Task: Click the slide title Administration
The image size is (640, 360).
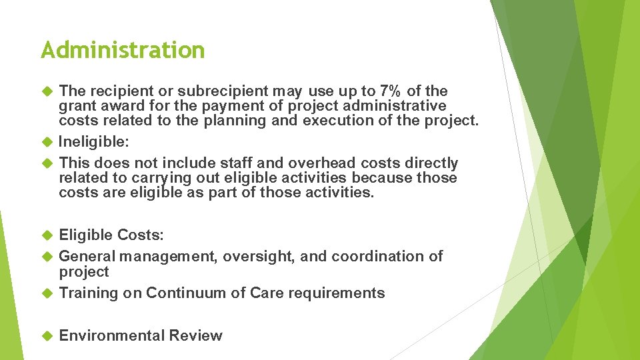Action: pos(123,50)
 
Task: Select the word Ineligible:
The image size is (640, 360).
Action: pos(93,141)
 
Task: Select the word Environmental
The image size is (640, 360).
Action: pos(111,336)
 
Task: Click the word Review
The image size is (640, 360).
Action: pos(195,336)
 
